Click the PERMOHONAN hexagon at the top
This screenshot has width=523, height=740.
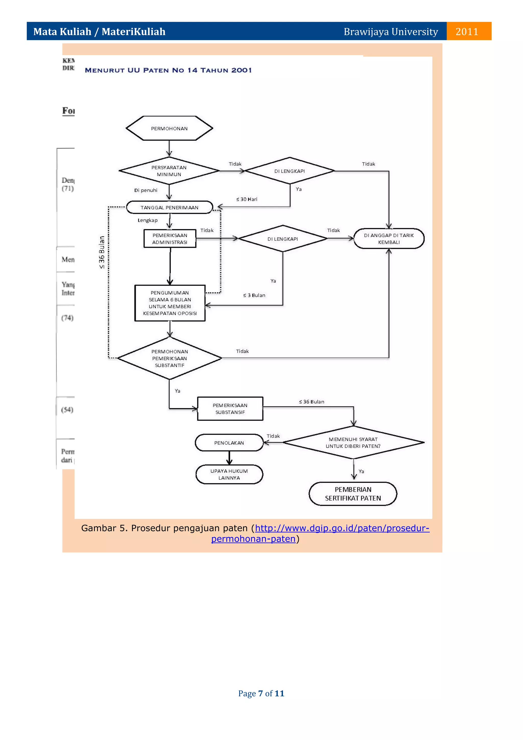169,128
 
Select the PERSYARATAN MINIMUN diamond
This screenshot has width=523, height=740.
169,171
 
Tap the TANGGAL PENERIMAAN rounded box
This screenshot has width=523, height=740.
169,207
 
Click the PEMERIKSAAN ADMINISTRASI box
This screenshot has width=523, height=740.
170,238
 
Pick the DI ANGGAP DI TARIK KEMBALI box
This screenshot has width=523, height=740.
389,238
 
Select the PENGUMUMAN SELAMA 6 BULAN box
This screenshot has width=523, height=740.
170,303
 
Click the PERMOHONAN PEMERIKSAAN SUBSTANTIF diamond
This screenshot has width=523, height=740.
169,358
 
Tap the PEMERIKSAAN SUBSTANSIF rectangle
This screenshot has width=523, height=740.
230,408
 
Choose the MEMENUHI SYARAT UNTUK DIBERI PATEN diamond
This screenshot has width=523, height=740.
353,443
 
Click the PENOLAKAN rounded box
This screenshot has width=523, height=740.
229,443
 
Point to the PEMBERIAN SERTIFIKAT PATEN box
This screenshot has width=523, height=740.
353,493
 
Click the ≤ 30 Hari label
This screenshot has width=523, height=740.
247,199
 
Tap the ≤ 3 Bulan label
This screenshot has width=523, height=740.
254,295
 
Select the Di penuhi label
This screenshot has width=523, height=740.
146,190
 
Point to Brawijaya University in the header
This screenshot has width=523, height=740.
391,32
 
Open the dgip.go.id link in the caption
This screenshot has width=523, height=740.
342,528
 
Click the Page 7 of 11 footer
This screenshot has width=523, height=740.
261,693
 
